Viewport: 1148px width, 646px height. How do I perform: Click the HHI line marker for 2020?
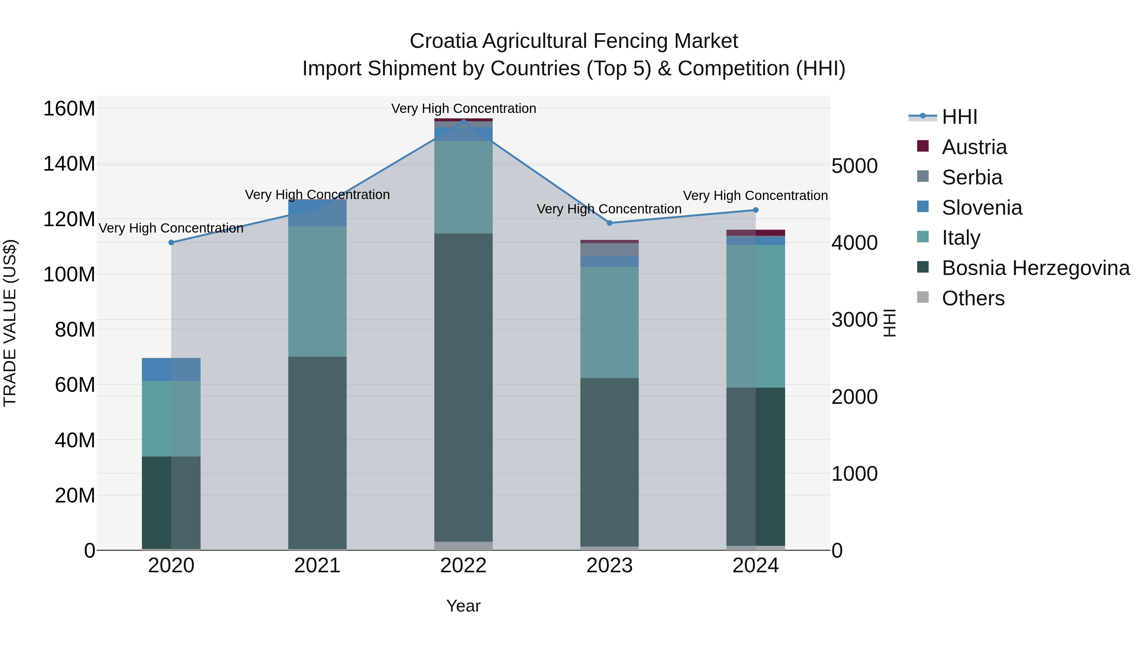point(171,242)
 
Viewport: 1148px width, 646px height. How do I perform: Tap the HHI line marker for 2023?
point(610,223)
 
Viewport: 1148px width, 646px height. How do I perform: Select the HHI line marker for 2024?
point(755,210)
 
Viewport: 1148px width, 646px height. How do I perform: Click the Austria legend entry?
point(974,147)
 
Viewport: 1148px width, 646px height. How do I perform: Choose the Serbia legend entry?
point(972,177)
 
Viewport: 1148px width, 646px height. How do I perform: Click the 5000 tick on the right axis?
point(854,166)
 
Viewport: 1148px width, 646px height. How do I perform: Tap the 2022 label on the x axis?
point(463,566)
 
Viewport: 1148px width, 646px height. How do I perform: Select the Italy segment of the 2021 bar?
point(317,291)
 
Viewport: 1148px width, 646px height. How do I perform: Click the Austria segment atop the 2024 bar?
point(755,233)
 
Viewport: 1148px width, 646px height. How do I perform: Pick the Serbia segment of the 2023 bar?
point(610,250)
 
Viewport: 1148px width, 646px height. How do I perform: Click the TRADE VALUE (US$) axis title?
point(10,323)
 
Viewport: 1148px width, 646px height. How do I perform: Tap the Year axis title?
point(463,606)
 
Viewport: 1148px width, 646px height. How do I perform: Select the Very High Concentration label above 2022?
point(463,109)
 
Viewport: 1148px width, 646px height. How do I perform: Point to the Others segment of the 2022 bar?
point(463,546)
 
